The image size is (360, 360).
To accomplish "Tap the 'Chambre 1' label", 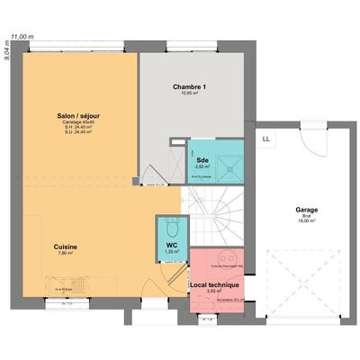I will coord(190,86).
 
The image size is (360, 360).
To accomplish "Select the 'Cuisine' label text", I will coord(64,246).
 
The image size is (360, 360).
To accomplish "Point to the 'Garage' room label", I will coord(306,211).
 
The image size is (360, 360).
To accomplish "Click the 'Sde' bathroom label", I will coord(202,160).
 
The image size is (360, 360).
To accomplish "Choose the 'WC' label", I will coord(171,245).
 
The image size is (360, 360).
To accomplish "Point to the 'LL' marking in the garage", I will coord(266,139).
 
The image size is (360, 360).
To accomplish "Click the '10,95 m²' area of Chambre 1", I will coord(190,94).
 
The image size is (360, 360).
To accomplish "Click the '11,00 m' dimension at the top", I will coord(22,37).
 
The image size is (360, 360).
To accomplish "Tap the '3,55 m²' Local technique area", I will coord(213,291).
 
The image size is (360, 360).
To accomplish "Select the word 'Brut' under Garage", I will coord(306,216).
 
